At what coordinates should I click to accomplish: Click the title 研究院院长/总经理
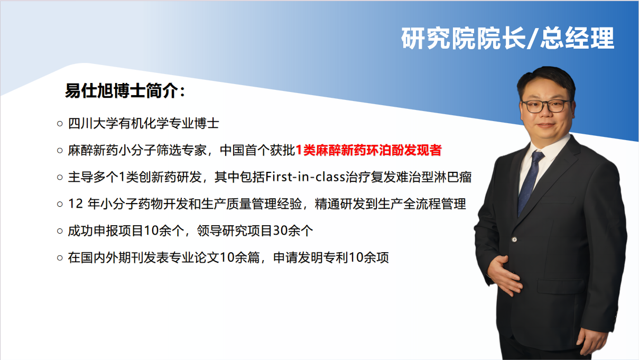(x=507, y=38)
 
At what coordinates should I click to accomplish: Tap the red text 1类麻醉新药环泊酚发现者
(x=368, y=150)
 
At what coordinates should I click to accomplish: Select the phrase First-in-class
(x=305, y=177)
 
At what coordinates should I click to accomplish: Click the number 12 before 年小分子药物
(x=76, y=204)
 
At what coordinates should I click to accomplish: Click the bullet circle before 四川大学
(x=60, y=124)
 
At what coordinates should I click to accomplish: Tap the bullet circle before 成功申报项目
(x=60, y=231)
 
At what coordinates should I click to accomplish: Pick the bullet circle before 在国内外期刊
(x=60, y=258)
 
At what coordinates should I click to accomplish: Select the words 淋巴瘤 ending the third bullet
(x=453, y=177)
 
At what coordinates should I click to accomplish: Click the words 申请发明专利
(x=311, y=257)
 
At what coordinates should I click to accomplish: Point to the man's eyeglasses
(x=546, y=106)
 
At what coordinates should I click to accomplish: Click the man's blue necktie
(x=530, y=182)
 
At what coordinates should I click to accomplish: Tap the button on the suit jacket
(x=514, y=239)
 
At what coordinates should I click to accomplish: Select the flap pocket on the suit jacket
(x=561, y=286)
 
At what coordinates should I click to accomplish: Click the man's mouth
(x=545, y=125)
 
